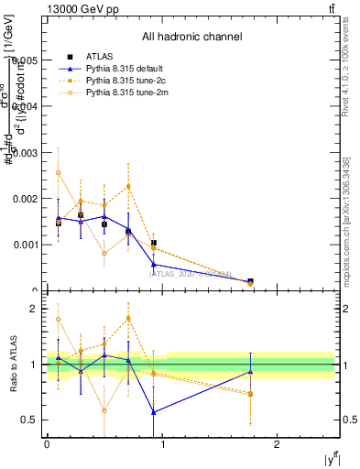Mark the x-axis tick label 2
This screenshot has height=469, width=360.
coord(278,443)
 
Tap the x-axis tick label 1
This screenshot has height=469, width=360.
coord(162,443)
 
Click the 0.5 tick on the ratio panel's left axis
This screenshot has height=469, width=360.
coord(32,420)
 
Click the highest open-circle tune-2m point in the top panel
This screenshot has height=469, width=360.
coord(59,172)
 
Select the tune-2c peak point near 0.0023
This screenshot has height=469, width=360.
coord(128,186)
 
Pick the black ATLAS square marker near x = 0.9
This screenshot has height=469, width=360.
coord(154,243)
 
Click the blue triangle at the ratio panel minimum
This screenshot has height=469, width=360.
coord(154,412)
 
